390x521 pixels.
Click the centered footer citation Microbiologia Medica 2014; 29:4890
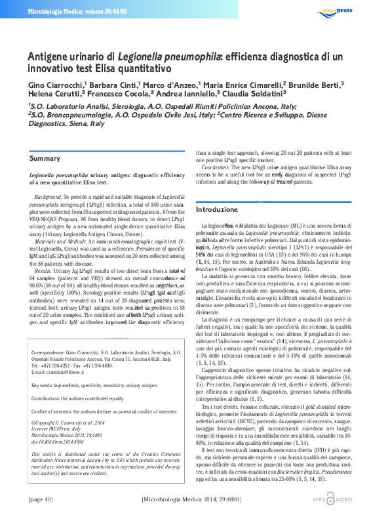[x=195, y=500]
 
